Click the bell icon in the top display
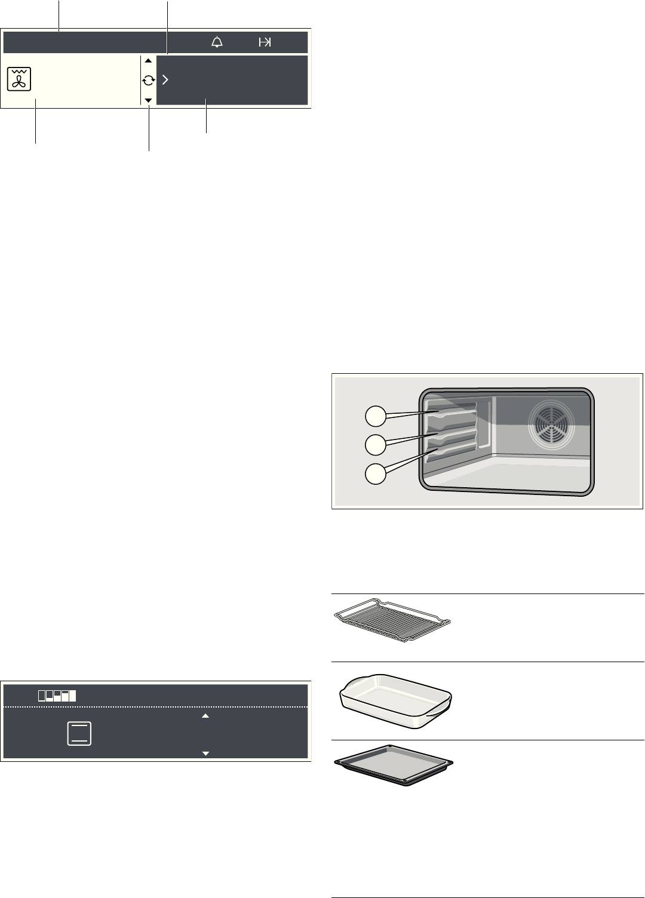(217, 42)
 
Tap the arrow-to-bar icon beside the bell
(265, 42)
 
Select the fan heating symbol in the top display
(20, 79)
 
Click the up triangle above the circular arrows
(148, 61)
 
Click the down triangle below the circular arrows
(148, 100)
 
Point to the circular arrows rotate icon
(148, 80)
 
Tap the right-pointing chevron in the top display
(165, 80)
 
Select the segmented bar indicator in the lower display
(57, 696)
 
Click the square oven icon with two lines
(79, 733)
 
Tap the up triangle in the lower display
(205, 715)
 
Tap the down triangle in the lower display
(205, 754)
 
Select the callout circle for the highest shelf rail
(376, 416)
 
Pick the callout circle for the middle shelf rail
(376, 444)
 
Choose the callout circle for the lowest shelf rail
(376, 473)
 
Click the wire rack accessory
(392, 621)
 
